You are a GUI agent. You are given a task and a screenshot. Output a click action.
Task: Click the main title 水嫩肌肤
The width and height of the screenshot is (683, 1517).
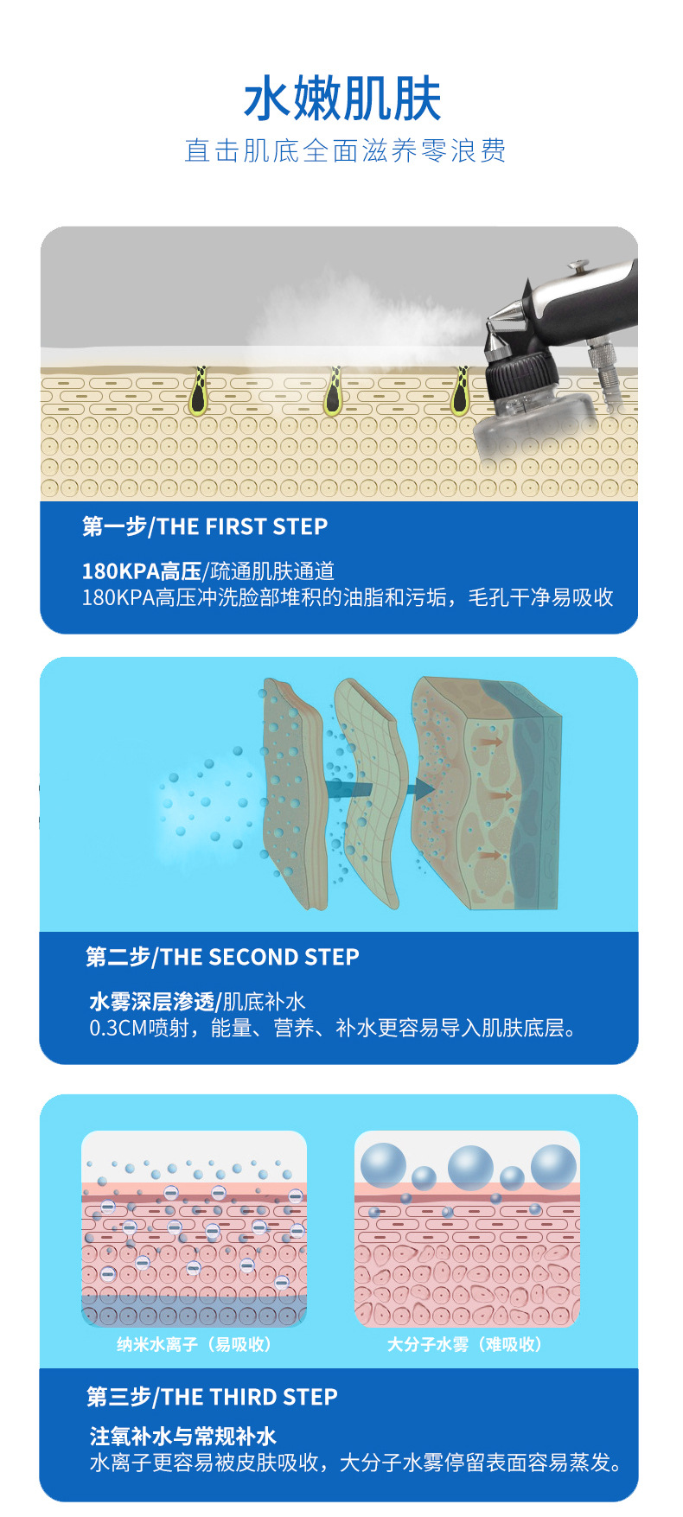(x=342, y=99)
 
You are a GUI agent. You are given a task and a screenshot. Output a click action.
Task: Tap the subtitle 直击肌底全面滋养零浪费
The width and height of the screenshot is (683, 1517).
(x=345, y=150)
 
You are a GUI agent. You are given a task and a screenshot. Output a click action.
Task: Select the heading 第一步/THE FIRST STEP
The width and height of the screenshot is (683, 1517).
(x=205, y=526)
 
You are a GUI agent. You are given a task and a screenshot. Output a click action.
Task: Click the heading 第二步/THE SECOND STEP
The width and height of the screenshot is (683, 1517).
(x=222, y=957)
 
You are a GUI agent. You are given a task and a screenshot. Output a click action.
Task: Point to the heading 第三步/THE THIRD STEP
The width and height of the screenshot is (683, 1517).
(x=212, y=1397)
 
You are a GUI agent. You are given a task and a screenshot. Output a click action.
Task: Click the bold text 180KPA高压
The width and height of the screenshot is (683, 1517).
(x=141, y=571)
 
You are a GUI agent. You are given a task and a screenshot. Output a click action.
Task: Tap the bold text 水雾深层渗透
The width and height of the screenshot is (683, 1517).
(x=151, y=1002)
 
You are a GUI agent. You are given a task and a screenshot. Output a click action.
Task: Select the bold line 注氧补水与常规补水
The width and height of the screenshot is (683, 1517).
(x=182, y=1436)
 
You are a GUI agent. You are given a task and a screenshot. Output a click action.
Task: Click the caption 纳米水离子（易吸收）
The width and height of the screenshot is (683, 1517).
(x=195, y=1344)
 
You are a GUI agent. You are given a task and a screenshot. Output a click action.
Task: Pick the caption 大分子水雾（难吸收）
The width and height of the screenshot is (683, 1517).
(x=465, y=1344)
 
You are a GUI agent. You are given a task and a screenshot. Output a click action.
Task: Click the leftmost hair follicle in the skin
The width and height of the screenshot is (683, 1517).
(x=200, y=390)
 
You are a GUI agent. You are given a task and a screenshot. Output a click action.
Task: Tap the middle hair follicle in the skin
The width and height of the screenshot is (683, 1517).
(x=333, y=391)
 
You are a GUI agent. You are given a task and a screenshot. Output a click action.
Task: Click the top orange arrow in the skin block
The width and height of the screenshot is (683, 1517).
(x=491, y=742)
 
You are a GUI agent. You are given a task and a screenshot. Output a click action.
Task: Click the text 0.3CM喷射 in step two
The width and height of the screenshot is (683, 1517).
(x=138, y=1028)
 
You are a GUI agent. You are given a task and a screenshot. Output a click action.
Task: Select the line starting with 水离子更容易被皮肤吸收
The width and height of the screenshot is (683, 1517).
(x=357, y=1463)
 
